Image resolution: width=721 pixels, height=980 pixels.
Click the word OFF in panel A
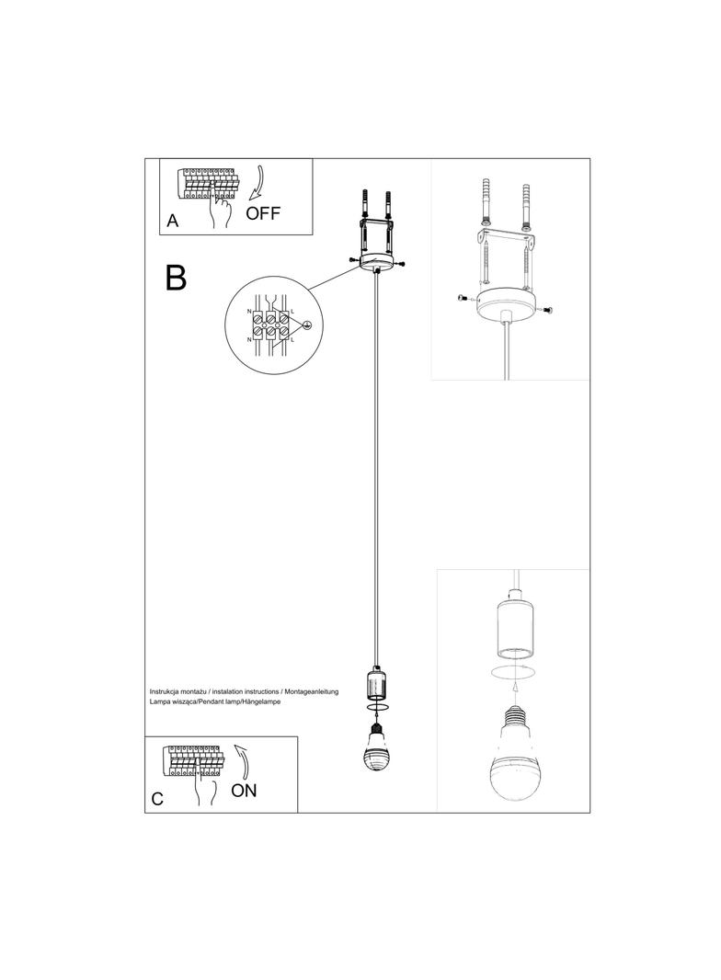[x=262, y=213]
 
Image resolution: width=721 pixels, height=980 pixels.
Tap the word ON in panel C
[x=244, y=789]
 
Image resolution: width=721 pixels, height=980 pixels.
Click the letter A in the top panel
[x=173, y=222]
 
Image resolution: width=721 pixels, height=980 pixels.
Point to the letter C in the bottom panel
[x=157, y=799]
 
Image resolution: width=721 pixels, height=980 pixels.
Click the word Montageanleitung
[x=312, y=689]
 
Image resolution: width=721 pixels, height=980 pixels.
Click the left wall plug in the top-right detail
[x=486, y=201]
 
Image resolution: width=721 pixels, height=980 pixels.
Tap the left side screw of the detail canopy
[x=463, y=298]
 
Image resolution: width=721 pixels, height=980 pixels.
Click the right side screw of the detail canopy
[x=549, y=311]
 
